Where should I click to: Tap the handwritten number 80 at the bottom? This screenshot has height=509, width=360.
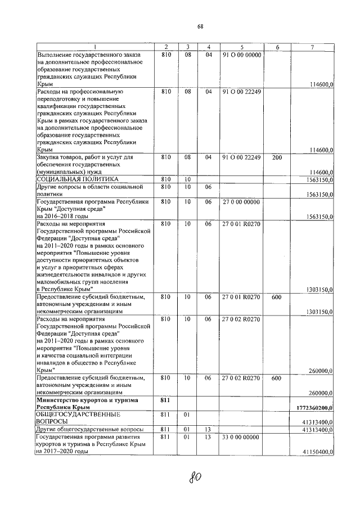(x=196, y=478)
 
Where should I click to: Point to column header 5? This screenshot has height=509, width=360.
(x=241, y=47)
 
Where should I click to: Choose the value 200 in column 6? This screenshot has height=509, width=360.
(x=276, y=157)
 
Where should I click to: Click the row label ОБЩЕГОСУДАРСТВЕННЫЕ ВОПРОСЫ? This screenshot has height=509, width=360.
(x=77, y=417)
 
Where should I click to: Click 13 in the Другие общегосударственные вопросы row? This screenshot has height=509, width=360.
(x=208, y=429)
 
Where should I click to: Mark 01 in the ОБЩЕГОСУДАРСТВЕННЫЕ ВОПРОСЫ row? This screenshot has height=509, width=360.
(x=188, y=414)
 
